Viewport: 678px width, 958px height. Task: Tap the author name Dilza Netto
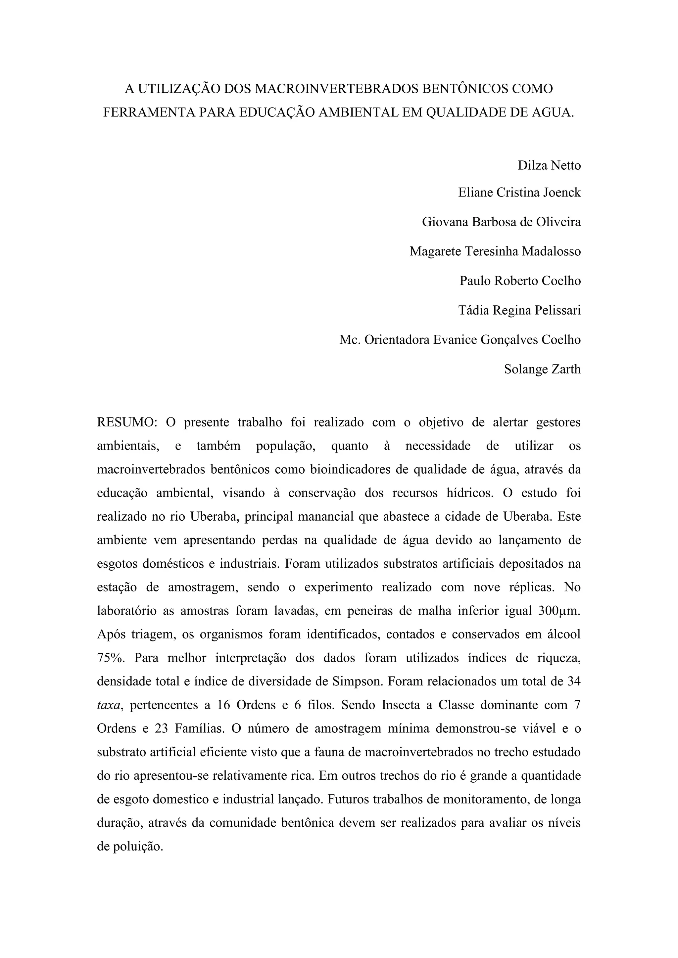(549, 166)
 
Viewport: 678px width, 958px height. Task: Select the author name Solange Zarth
(542, 369)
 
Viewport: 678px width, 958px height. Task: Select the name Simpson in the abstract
(358, 681)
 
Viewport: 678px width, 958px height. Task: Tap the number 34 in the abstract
(574, 681)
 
